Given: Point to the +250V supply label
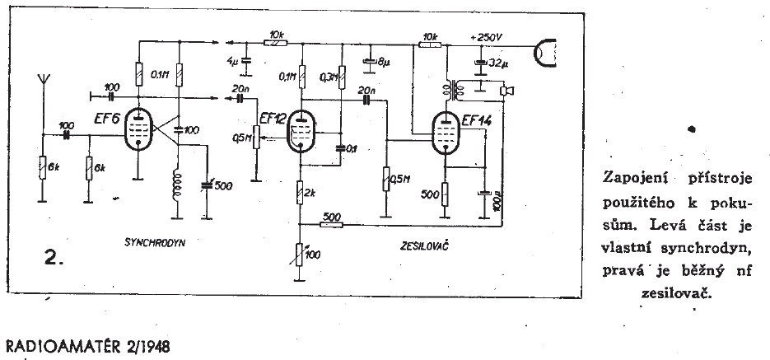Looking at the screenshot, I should (x=486, y=36).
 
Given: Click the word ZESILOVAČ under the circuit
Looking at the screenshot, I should (x=417, y=245).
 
